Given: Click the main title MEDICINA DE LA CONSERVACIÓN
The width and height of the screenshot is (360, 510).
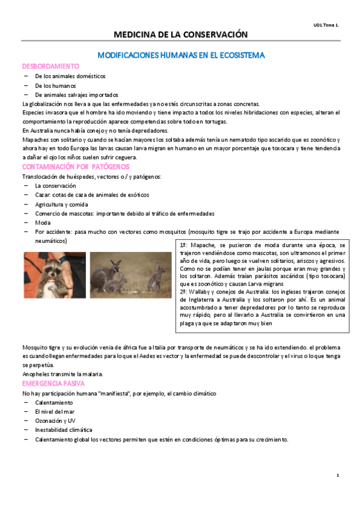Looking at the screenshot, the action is [x=180, y=35].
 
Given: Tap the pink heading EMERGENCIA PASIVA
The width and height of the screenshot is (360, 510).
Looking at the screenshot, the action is [x=53, y=383].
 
